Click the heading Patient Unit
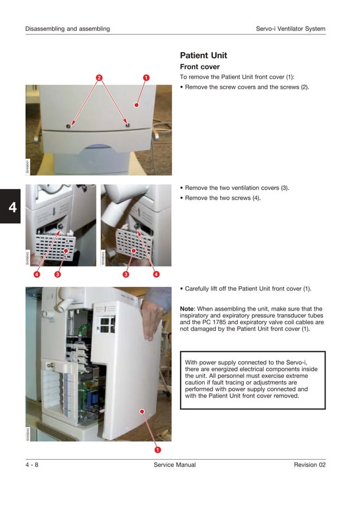(203, 55)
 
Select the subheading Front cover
(200, 67)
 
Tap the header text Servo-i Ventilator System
(291, 29)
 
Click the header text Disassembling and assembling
(67, 29)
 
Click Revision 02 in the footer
(309, 465)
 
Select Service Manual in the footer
(174, 465)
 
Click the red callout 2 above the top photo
(99, 77)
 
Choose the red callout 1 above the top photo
(146, 77)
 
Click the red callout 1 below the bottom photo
(157, 450)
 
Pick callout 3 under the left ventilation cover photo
(58, 274)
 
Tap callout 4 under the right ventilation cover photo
(156, 274)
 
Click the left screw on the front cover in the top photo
(68, 126)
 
